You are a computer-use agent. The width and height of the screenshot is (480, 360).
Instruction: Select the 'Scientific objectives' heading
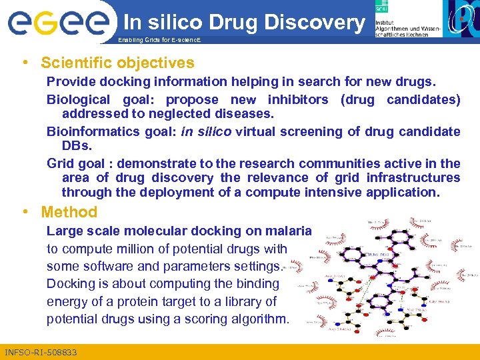click(x=117, y=63)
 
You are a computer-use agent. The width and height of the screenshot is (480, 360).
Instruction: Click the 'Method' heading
click(x=69, y=213)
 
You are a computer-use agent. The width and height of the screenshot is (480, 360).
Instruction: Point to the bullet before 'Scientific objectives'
click(x=25, y=63)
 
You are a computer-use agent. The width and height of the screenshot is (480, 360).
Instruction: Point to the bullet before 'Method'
click(x=25, y=213)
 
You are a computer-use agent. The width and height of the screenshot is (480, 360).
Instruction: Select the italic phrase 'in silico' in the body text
click(x=206, y=131)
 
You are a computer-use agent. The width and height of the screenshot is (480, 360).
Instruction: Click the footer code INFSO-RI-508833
click(x=41, y=352)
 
